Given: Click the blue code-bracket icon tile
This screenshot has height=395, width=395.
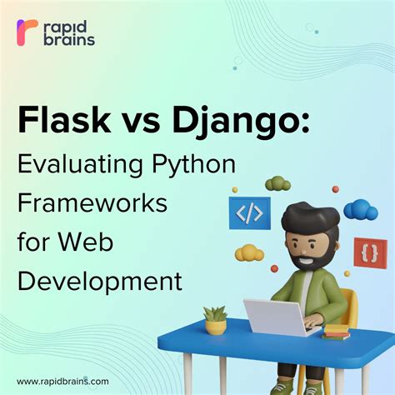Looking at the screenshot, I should pos(250,212).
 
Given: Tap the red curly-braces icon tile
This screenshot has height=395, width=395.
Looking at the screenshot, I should pos(370,251).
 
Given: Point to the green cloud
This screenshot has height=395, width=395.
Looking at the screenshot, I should pos(277,183).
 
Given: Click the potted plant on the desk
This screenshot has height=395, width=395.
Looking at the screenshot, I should pos(215,319).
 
